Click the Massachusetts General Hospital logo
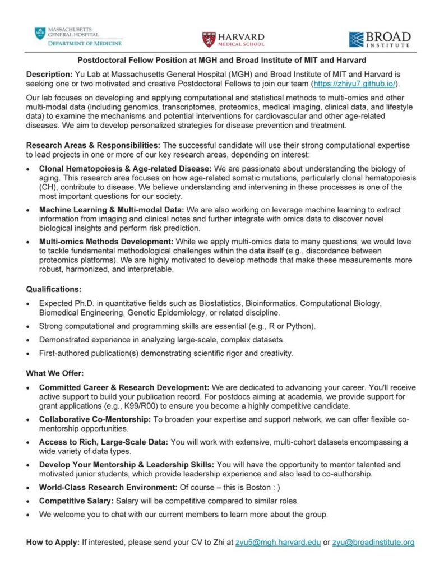click(x=77, y=36)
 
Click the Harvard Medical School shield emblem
click(x=209, y=39)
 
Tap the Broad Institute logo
click(x=380, y=39)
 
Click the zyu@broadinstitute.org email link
click(x=373, y=543)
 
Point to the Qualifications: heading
click(x=54, y=289)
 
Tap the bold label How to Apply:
click(x=53, y=543)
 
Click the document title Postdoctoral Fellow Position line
click(x=221, y=60)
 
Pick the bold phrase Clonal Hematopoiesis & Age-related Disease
click(x=124, y=169)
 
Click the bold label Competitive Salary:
click(x=70, y=501)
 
